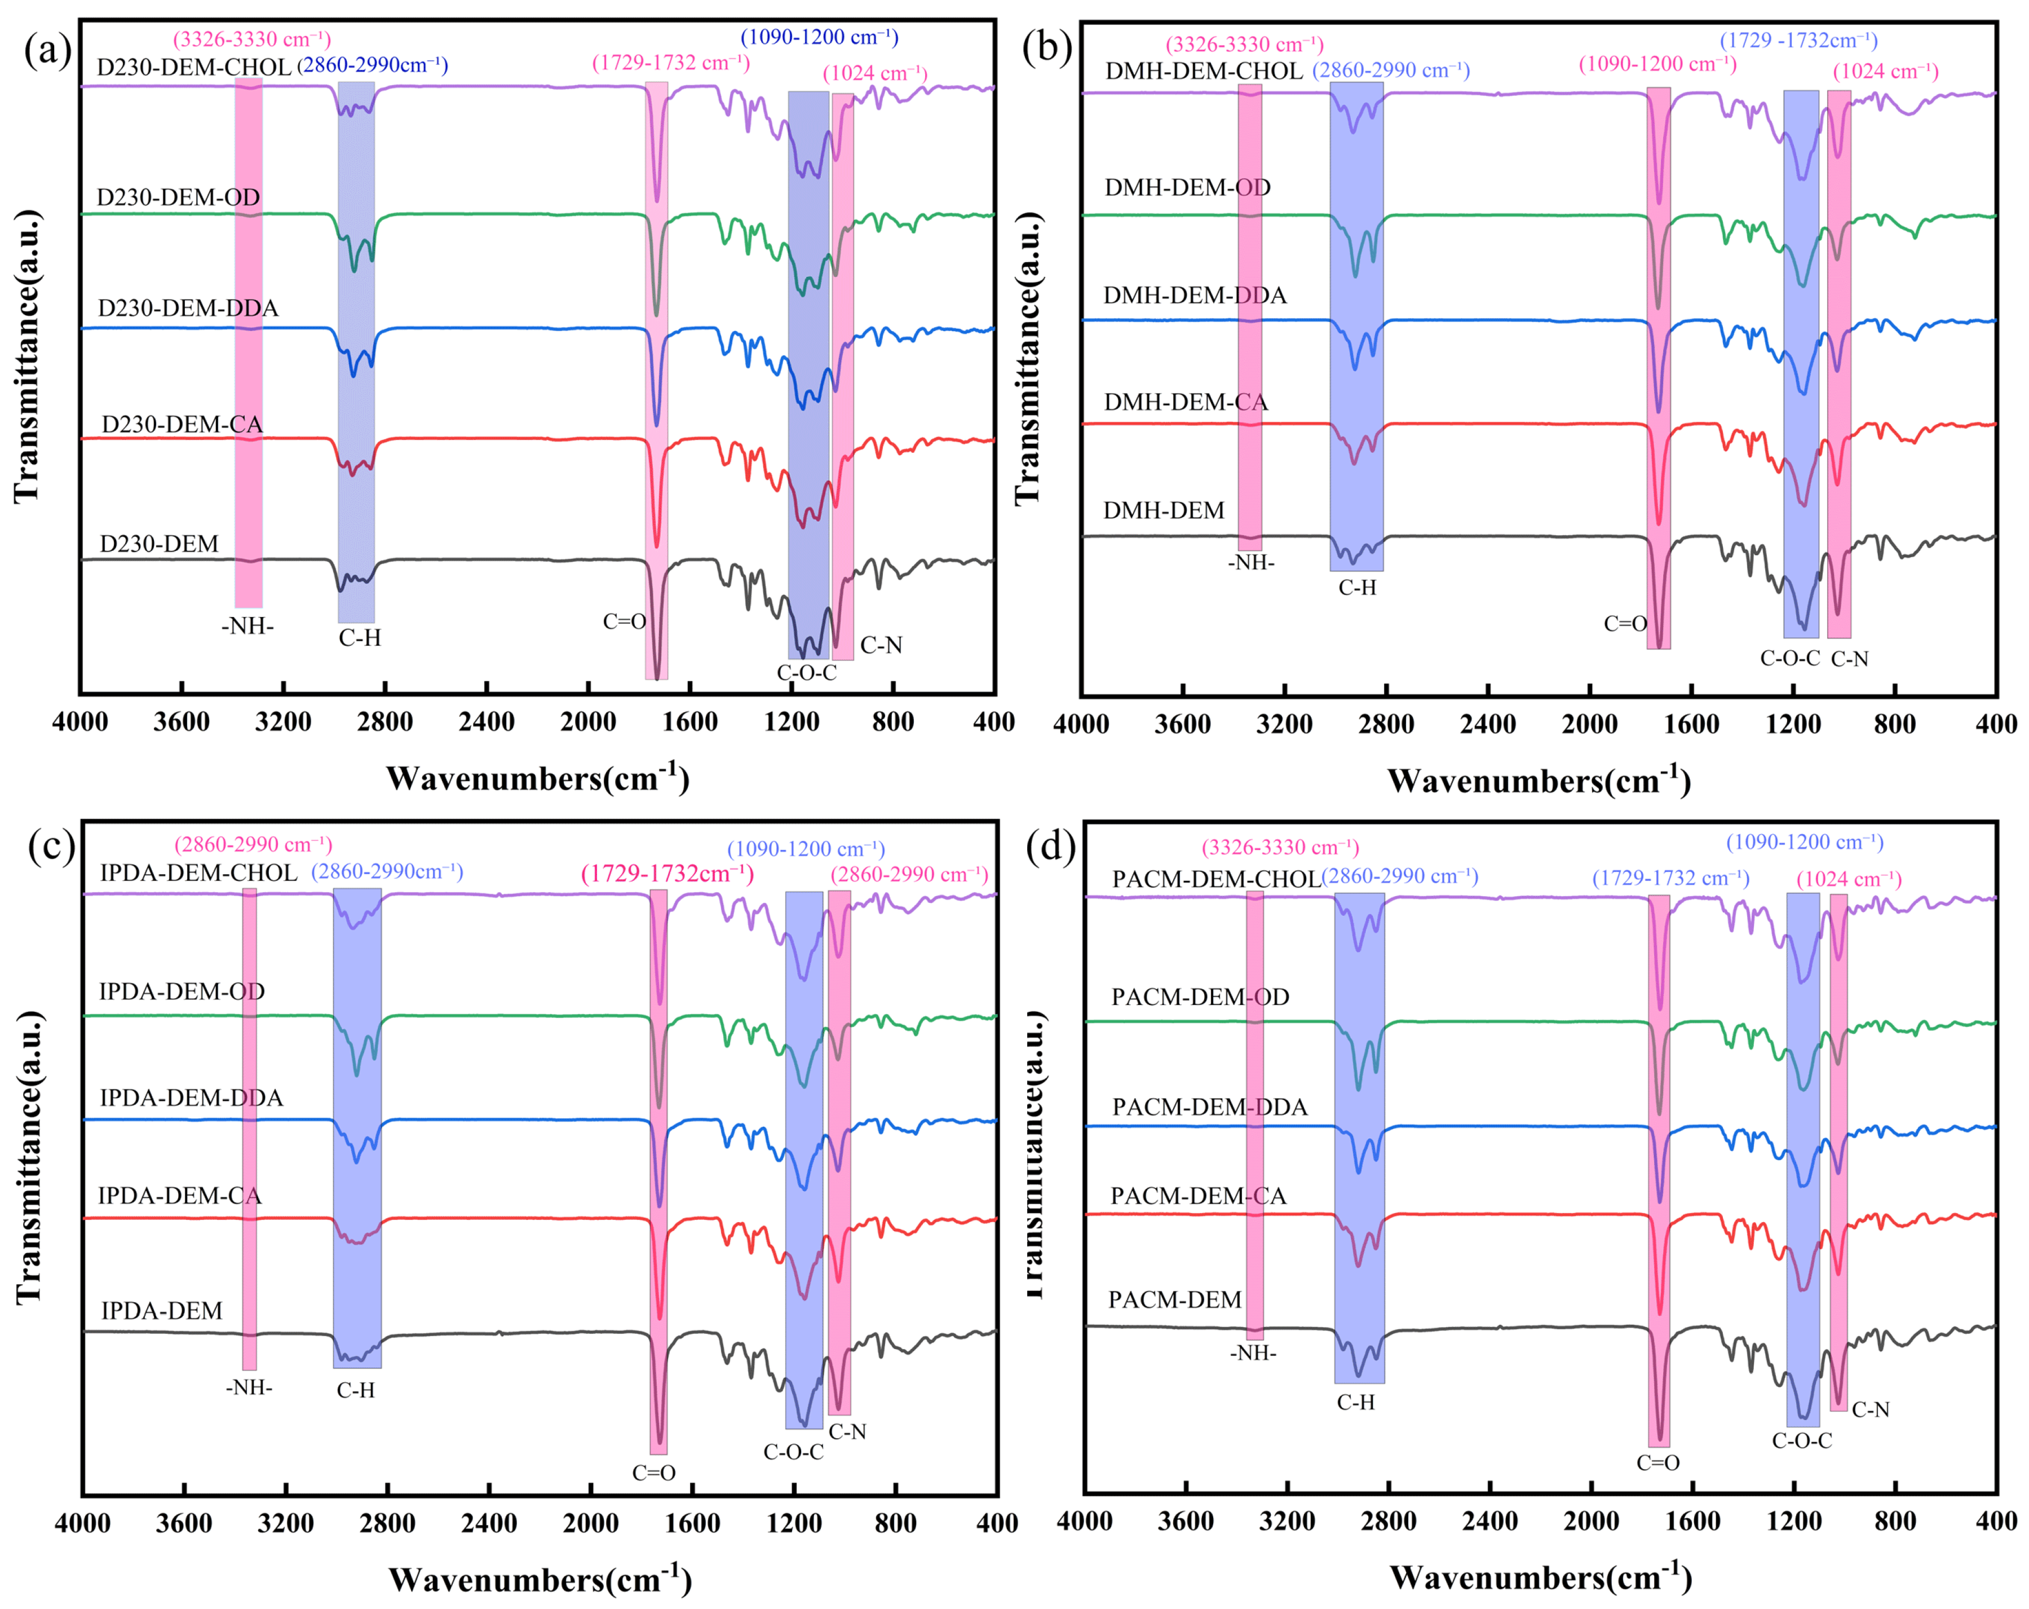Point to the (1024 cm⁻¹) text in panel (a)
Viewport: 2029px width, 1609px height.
coord(875,73)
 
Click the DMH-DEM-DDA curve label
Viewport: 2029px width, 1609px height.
coord(1194,296)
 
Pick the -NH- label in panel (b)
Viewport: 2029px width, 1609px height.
coord(1250,563)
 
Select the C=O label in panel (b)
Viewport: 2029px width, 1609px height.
coord(1625,624)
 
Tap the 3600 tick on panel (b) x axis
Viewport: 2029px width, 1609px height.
coord(1182,725)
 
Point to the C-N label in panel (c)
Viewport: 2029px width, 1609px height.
coord(847,1431)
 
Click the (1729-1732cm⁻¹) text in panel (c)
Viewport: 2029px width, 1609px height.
coord(668,874)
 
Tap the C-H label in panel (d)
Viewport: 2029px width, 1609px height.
coord(1355,1402)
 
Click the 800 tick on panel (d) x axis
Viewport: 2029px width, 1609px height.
coord(1894,1522)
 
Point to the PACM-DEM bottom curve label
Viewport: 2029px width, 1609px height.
coord(1174,1300)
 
